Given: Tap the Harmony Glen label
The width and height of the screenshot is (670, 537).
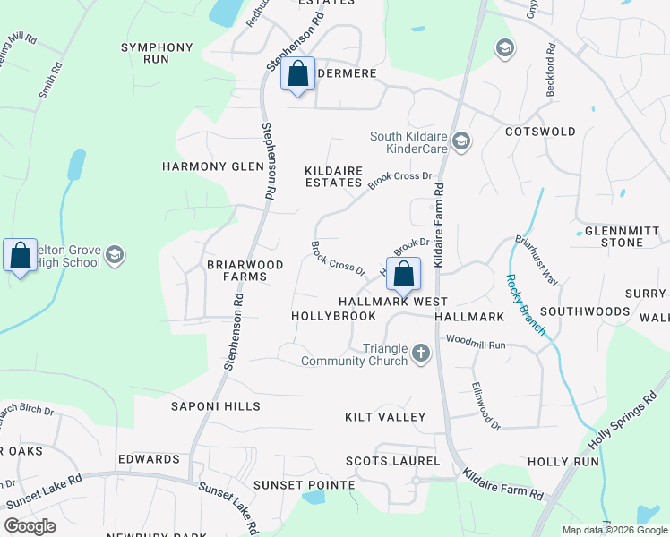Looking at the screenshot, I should coord(212,166).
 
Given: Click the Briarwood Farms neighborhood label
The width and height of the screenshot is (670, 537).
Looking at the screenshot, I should coord(245,271).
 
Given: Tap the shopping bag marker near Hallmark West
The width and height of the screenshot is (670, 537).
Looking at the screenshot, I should coord(403,274).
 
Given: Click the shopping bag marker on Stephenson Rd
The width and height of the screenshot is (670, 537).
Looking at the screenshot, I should coord(298,74).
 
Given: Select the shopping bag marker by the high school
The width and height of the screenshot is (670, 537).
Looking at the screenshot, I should coord(20,256).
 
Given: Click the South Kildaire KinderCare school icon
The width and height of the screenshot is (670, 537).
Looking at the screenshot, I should coord(461,141).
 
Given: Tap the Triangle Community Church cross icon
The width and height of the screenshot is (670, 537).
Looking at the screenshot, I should coord(421,354).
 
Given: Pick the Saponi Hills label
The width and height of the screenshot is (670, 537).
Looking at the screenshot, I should coord(216,406).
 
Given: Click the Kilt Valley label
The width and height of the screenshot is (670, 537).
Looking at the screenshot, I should coord(385,418).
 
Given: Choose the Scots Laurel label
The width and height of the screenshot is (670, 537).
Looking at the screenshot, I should coord(393,461).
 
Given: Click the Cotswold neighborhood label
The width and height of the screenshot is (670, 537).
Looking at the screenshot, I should coord(540,132).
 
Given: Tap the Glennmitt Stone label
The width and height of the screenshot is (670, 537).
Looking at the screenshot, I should coord(621,236).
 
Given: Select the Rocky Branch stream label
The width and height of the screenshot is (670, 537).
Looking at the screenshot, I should coord(525,304).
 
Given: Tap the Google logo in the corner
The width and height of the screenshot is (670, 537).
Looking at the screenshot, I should coord(30,526).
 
